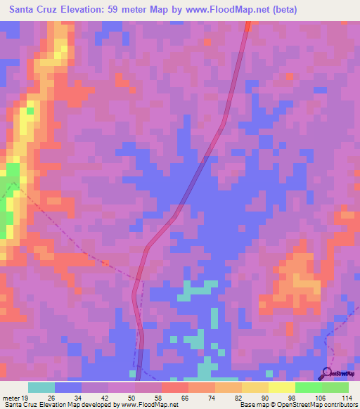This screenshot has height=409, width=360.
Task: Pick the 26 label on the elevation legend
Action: (51, 397)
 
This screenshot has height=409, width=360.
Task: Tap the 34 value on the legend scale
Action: (77, 397)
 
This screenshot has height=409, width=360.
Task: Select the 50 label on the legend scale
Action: (131, 397)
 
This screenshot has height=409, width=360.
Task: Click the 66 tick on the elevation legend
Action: (184, 397)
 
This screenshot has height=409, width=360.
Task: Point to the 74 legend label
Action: (211, 397)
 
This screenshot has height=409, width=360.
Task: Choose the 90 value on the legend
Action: (264, 397)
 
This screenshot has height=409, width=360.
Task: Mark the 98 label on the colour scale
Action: (291, 397)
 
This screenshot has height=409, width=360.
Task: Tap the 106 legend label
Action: (318, 397)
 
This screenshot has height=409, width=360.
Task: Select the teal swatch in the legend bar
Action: (41, 387)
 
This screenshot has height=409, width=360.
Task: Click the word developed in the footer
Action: (90, 405)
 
